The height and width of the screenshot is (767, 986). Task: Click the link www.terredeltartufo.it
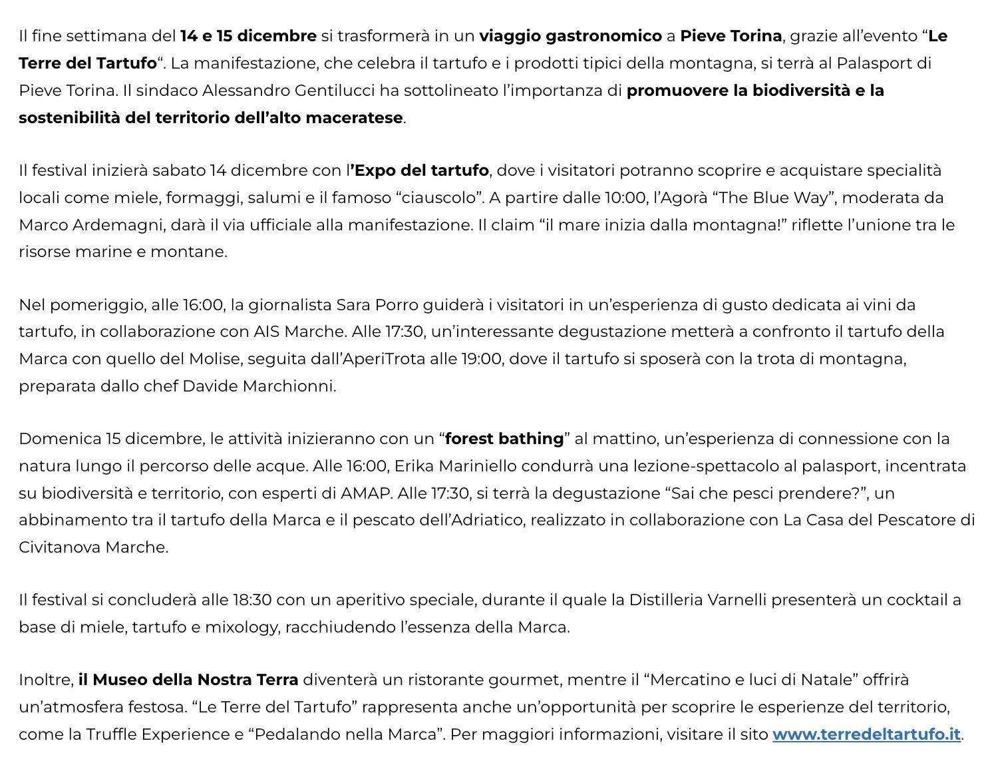tap(866, 734)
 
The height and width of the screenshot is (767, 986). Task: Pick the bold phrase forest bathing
tap(504, 439)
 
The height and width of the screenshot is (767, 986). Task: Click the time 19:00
tap(481, 359)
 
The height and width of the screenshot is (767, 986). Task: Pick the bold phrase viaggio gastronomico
tap(570, 36)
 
